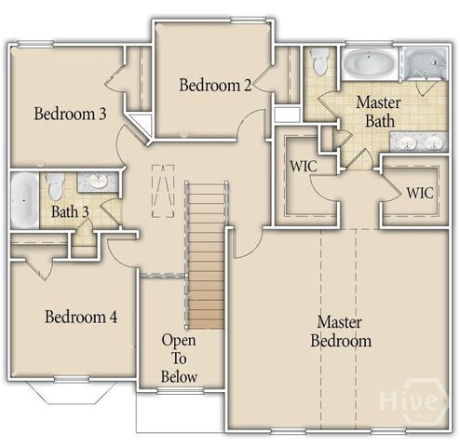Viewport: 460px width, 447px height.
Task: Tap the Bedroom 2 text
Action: pos(215,86)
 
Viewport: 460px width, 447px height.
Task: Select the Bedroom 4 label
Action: pos(81,317)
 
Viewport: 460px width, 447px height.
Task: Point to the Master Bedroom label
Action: pos(344,331)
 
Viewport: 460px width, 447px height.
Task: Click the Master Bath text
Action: pos(379,112)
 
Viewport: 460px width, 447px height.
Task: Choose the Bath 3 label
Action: pos(70,211)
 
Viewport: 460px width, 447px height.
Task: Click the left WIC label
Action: pos(304,167)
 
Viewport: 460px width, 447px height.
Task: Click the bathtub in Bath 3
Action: pos(24,199)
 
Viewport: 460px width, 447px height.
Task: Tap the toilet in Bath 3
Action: pos(55,185)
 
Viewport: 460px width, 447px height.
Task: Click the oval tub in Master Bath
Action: pos(369,66)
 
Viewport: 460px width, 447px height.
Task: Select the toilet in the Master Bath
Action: pos(320,62)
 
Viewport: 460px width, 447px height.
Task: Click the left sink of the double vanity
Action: pos(409,142)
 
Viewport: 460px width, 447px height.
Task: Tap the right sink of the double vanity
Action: pos(433,142)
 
